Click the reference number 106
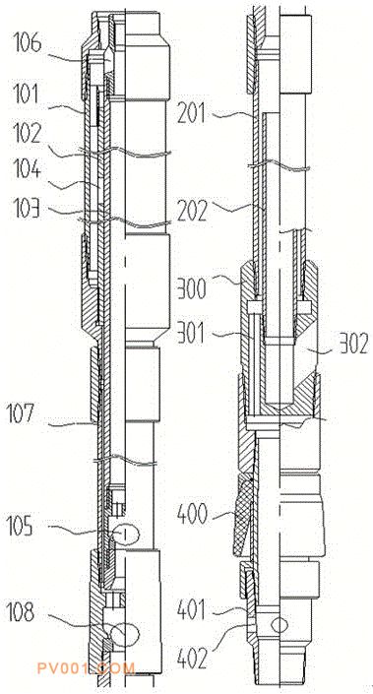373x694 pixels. pyautogui.click(x=27, y=44)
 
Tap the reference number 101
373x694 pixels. pyautogui.click(x=24, y=95)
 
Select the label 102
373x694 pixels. pyautogui.click(x=27, y=134)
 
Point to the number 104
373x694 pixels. pyautogui.click(x=27, y=171)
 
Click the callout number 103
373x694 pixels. pyautogui.click(x=25, y=209)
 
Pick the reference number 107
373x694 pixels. pyautogui.click(x=20, y=414)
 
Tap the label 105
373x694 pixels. pyautogui.click(x=21, y=526)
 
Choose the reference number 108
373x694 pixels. pyautogui.click(x=20, y=612)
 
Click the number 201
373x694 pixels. pyautogui.click(x=191, y=114)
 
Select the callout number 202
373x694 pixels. pyautogui.click(x=192, y=212)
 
